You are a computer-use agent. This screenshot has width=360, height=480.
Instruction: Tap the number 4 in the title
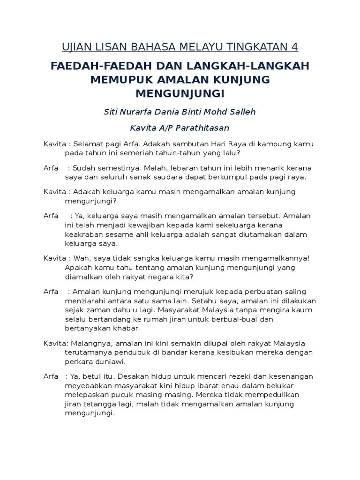(x=294, y=47)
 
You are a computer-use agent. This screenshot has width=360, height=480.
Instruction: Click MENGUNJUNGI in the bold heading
(x=180, y=94)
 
